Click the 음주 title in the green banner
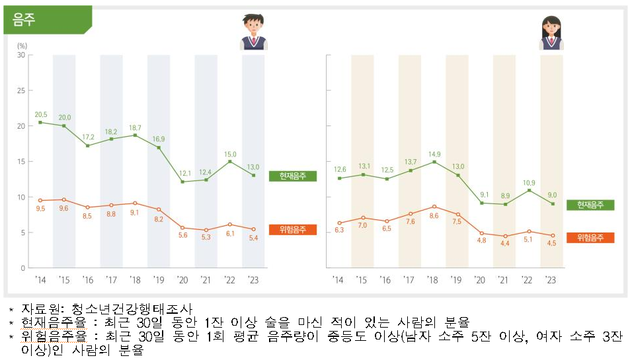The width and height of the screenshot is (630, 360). point(24,20)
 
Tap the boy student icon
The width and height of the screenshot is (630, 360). point(253,33)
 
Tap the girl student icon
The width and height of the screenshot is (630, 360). point(551,33)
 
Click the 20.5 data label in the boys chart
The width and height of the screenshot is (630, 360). point(40,114)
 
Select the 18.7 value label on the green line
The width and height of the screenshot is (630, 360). point(135,127)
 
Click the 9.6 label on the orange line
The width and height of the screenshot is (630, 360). point(64,208)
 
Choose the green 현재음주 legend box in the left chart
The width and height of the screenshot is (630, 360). point(293,176)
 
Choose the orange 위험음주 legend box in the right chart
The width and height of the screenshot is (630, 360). point(590,238)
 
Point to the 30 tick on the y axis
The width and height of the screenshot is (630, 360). point(21,55)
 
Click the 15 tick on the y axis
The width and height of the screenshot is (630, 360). point(21,162)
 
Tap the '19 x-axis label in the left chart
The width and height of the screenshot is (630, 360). point(158,280)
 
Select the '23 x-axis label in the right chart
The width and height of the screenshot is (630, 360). point(551,280)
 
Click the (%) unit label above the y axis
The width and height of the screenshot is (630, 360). point(22,46)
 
